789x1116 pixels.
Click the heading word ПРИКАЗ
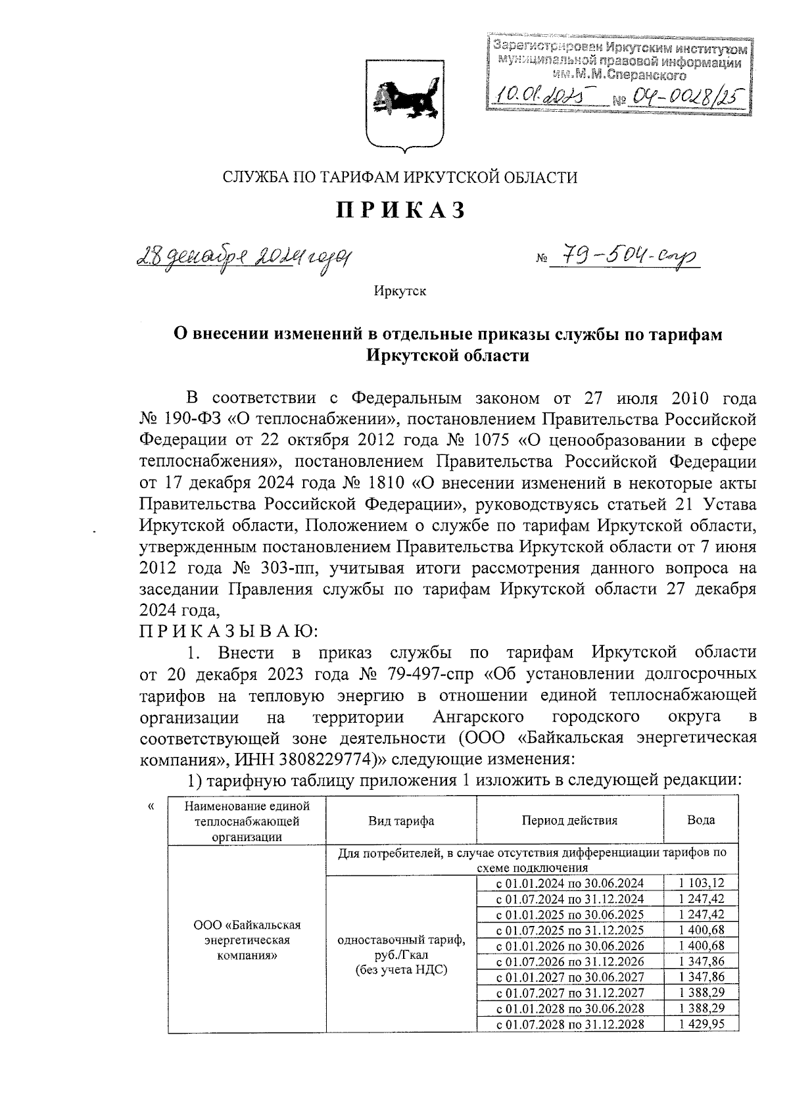(x=402, y=210)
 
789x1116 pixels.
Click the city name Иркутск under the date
(x=400, y=291)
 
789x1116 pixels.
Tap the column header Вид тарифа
(x=401, y=821)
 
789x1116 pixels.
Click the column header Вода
(x=701, y=820)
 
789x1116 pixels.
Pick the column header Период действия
(x=569, y=821)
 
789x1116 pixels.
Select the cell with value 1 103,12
(x=701, y=883)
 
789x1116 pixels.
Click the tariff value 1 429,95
(x=701, y=1025)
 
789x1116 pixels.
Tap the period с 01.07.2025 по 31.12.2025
(x=569, y=931)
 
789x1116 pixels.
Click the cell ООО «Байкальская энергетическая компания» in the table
(x=247, y=940)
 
